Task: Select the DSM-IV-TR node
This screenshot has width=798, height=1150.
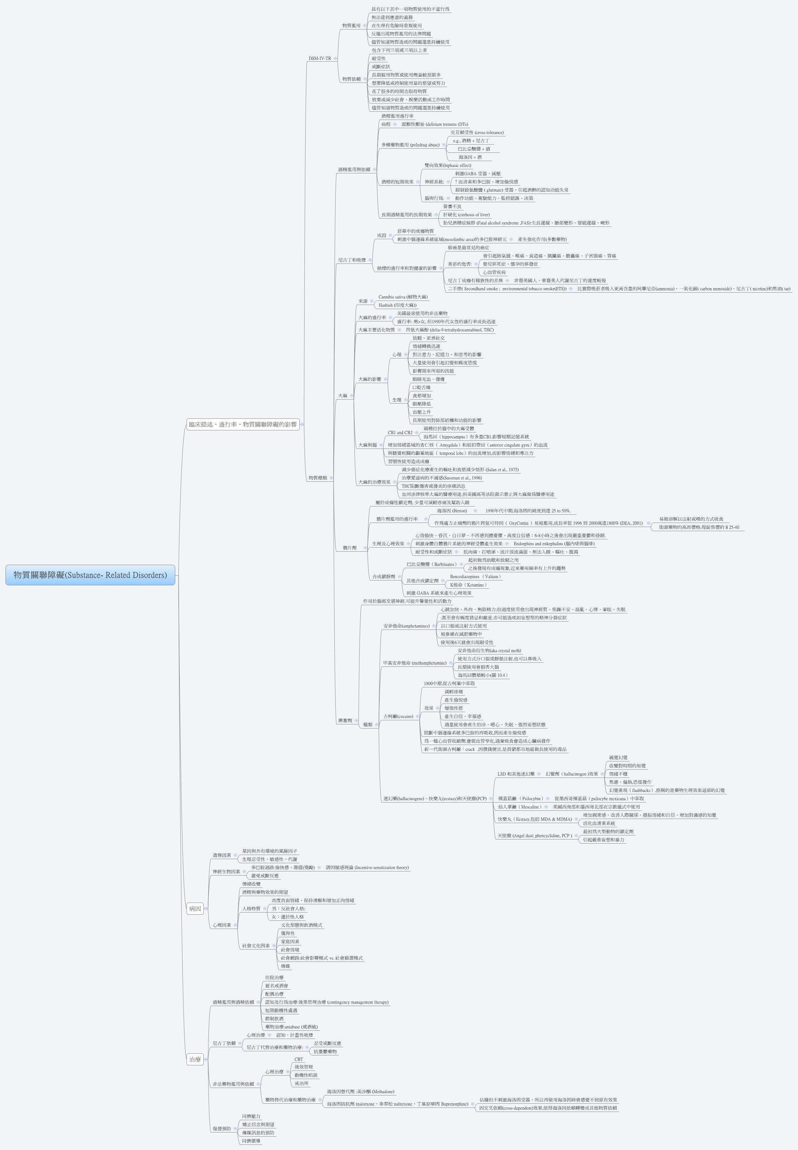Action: coord(320,59)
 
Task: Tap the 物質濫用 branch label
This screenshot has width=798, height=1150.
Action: coord(351,25)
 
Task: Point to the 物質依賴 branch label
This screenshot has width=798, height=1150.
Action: coord(351,79)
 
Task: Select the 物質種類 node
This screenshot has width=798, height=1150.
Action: coord(318,478)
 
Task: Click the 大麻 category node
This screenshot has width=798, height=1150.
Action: coord(343,396)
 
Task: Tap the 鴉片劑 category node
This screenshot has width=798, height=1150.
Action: coord(349,548)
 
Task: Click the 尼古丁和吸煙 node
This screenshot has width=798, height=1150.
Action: coord(352,260)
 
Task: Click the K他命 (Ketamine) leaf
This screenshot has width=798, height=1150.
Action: coord(468,585)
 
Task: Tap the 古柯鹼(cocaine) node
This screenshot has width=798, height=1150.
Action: coord(398,717)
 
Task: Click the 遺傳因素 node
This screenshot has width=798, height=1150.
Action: coord(222,855)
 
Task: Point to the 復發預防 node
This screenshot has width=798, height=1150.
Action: coord(222,1128)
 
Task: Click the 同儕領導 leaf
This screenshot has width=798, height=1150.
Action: coord(251,1141)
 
